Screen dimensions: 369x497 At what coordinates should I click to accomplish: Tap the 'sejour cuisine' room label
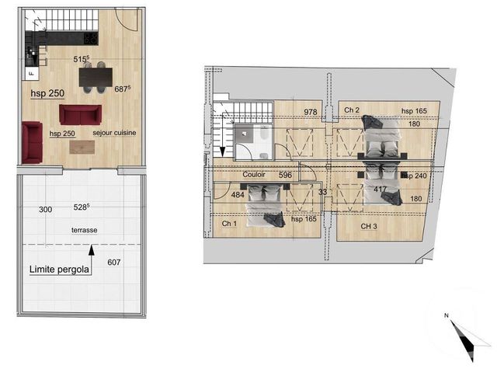[114, 134]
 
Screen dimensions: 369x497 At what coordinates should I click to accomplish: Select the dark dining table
[96, 75]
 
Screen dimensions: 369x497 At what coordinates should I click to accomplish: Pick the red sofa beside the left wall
[31, 142]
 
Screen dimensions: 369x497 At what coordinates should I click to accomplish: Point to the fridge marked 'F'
[30, 73]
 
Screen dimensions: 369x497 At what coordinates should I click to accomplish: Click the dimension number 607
[114, 263]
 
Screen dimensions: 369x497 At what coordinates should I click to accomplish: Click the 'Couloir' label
[254, 175]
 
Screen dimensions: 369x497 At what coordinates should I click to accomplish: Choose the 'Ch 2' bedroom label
[351, 110]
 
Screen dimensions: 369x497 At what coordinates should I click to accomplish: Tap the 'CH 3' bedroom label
[369, 226]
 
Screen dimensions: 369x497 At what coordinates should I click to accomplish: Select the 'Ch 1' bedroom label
[228, 225]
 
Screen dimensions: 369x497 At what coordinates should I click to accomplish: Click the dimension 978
[311, 112]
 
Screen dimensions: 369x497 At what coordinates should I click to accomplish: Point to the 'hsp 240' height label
[415, 176]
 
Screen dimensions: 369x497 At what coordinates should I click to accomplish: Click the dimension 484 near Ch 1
[238, 195]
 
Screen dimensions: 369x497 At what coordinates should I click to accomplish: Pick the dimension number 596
[285, 175]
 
